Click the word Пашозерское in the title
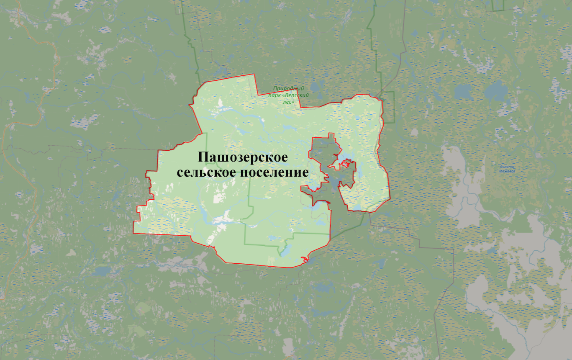243,157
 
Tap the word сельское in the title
205,172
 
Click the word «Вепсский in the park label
298,95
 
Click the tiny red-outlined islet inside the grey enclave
346,164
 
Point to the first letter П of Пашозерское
203,157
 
